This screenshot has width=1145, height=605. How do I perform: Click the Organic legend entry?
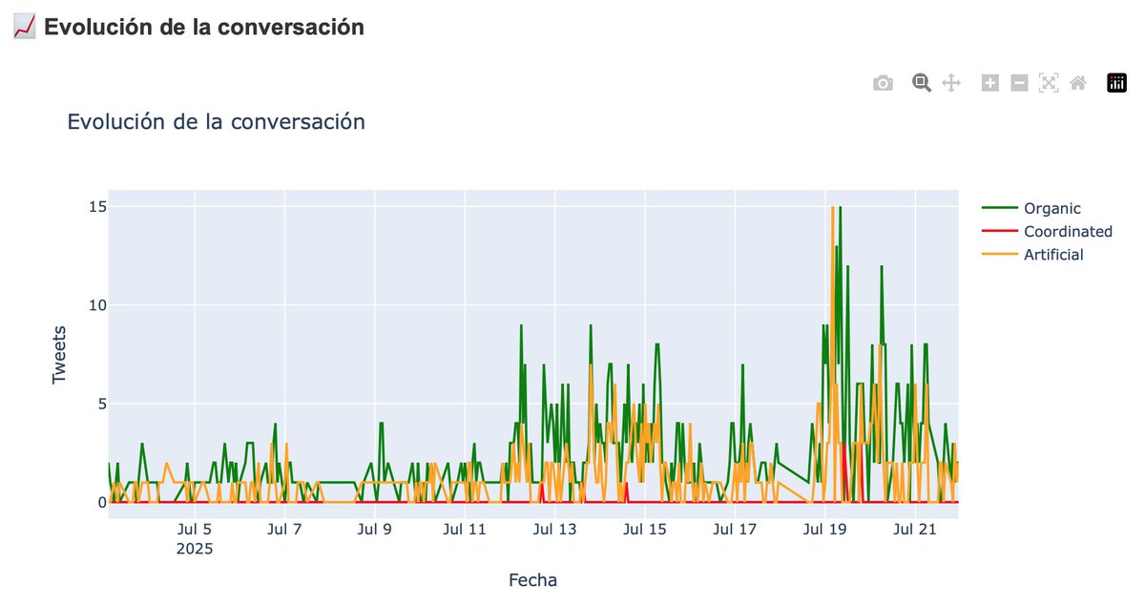[1051, 208]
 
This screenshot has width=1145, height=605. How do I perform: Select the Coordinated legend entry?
[1067, 231]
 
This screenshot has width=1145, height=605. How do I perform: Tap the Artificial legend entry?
[1053, 255]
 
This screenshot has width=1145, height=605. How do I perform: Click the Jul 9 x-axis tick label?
[375, 531]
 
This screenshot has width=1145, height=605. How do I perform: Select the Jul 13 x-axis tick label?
[554, 531]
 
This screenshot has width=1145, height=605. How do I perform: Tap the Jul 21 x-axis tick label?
[915, 531]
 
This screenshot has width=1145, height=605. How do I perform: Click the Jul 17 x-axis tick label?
[735, 531]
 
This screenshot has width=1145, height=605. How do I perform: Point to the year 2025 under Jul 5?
[195, 550]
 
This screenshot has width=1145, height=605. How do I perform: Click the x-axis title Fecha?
[532, 579]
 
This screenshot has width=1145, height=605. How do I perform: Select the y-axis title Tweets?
[59, 354]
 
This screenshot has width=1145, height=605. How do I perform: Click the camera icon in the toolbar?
[883, 83]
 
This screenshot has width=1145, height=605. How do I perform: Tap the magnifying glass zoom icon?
[921, 83]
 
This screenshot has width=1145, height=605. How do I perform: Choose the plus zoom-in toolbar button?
[990, 83]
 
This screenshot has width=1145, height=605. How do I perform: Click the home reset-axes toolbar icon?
[1078, 83]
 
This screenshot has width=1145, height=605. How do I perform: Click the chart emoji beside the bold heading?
[25, 27]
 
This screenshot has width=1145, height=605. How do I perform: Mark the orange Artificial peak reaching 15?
[833, 207]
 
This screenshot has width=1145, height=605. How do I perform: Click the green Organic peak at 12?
[882, 266]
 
